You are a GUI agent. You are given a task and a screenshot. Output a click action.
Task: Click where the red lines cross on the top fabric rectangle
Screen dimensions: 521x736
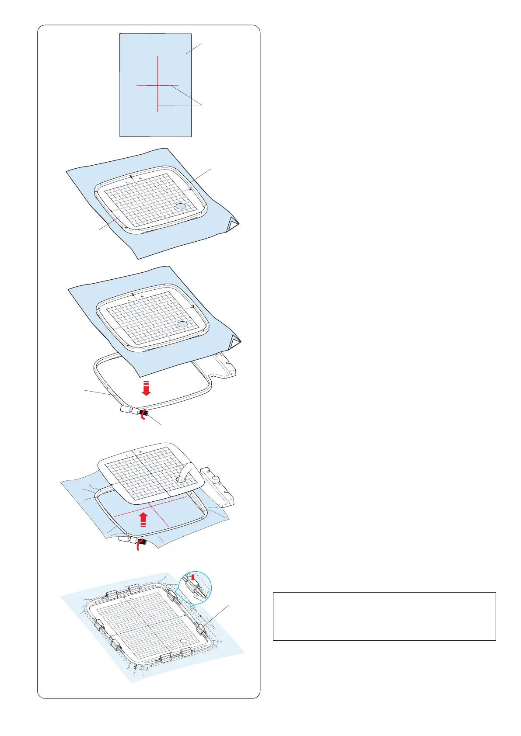point(157,85)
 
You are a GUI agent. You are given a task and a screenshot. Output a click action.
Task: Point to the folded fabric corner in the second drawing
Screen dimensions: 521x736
point(233,226)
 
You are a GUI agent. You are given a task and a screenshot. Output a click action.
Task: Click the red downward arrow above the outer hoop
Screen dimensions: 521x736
point(146,388)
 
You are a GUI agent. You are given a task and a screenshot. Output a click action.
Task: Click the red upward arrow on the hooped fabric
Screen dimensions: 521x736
point(143,520)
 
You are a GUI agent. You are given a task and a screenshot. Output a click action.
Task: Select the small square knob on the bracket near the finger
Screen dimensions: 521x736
point(215,479)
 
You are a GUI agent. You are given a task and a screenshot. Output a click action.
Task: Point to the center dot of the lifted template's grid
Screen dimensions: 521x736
point(151,473)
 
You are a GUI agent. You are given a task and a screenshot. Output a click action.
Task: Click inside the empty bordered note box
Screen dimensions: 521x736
point(384,616)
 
